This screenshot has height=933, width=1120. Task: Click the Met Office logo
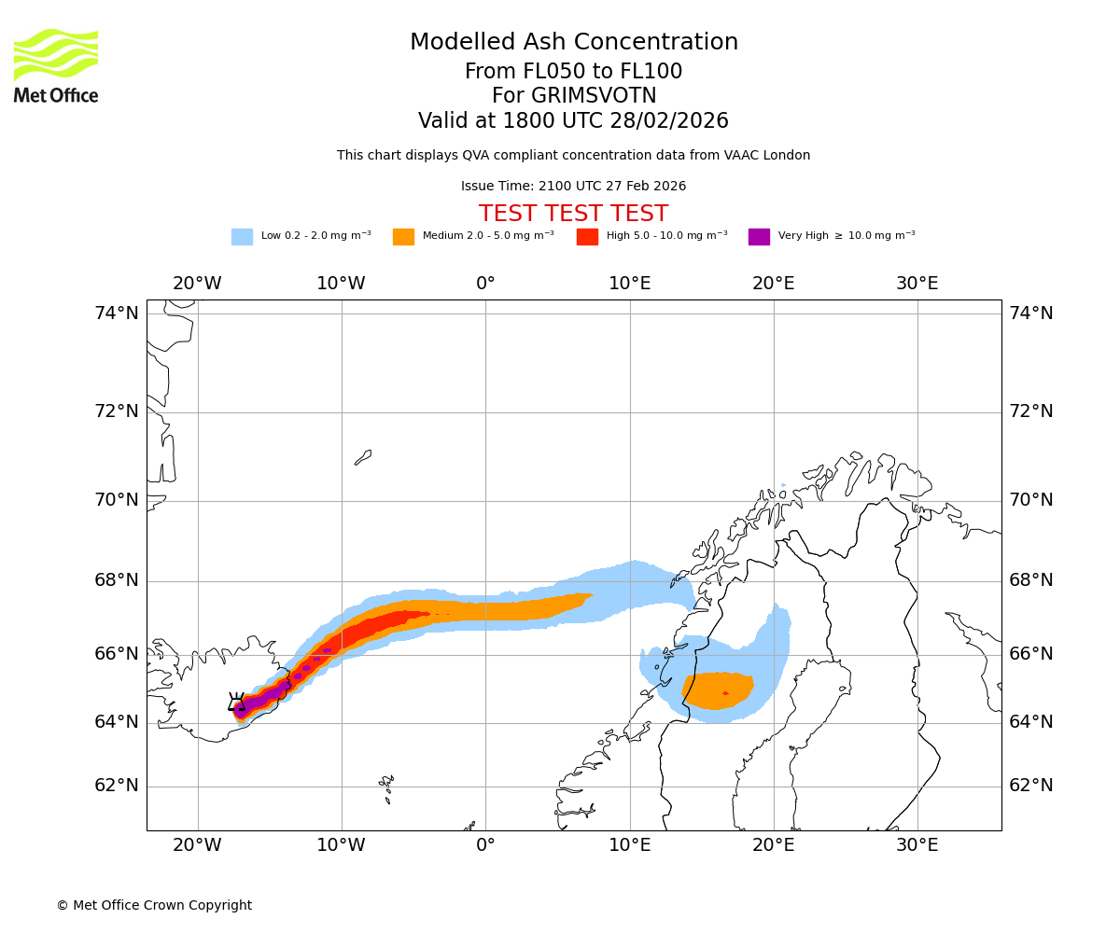point(56,65)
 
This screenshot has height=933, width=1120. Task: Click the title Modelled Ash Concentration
point(573,42)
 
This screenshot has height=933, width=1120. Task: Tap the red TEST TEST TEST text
point(573,214)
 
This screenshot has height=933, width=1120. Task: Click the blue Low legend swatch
point(242,237)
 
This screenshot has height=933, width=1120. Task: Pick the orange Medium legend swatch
point(403,237)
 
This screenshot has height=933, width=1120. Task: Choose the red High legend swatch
point(587,237)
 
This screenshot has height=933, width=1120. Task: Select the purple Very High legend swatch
point(759,237)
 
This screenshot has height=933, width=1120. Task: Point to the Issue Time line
point(573,187)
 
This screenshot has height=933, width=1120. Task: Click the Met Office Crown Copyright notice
point(154,905)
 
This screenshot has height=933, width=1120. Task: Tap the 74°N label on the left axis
point(117,313)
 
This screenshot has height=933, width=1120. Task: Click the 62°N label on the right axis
point(1030,786)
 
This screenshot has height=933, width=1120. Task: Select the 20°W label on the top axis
point(197,284)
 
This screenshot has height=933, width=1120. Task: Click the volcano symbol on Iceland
point(236,703)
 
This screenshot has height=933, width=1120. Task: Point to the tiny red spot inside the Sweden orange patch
point(725,693)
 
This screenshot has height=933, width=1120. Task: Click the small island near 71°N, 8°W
point(363,457)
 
